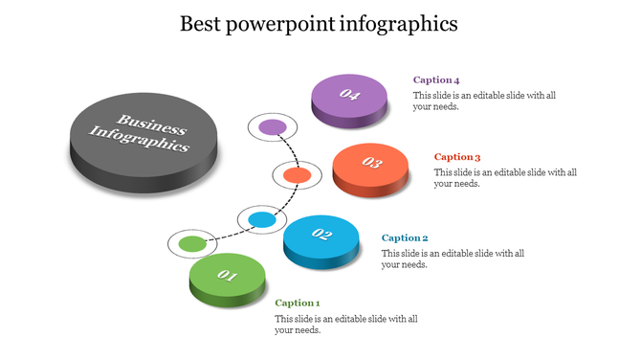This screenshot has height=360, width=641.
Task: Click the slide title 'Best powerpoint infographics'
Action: point(320,23)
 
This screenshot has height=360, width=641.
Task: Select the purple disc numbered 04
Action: point(350,97)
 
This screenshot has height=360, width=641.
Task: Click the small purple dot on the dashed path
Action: point(273,126)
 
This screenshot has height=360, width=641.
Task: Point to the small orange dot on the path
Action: point(296,175)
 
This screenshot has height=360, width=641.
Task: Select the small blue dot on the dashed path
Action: point(262,220)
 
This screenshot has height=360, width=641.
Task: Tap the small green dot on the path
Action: point(192,244)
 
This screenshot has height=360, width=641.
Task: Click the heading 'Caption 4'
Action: point(436,80)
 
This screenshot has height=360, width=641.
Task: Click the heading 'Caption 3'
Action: point(457,157)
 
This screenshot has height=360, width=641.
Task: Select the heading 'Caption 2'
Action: point(405,237)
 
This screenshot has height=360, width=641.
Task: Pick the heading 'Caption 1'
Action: point(298,303)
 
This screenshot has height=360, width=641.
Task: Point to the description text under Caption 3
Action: point(505,178)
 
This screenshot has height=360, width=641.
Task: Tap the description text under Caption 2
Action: point(453,259)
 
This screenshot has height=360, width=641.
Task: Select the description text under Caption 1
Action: point(345,324)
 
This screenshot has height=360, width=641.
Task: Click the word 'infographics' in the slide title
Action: point(398,24)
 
